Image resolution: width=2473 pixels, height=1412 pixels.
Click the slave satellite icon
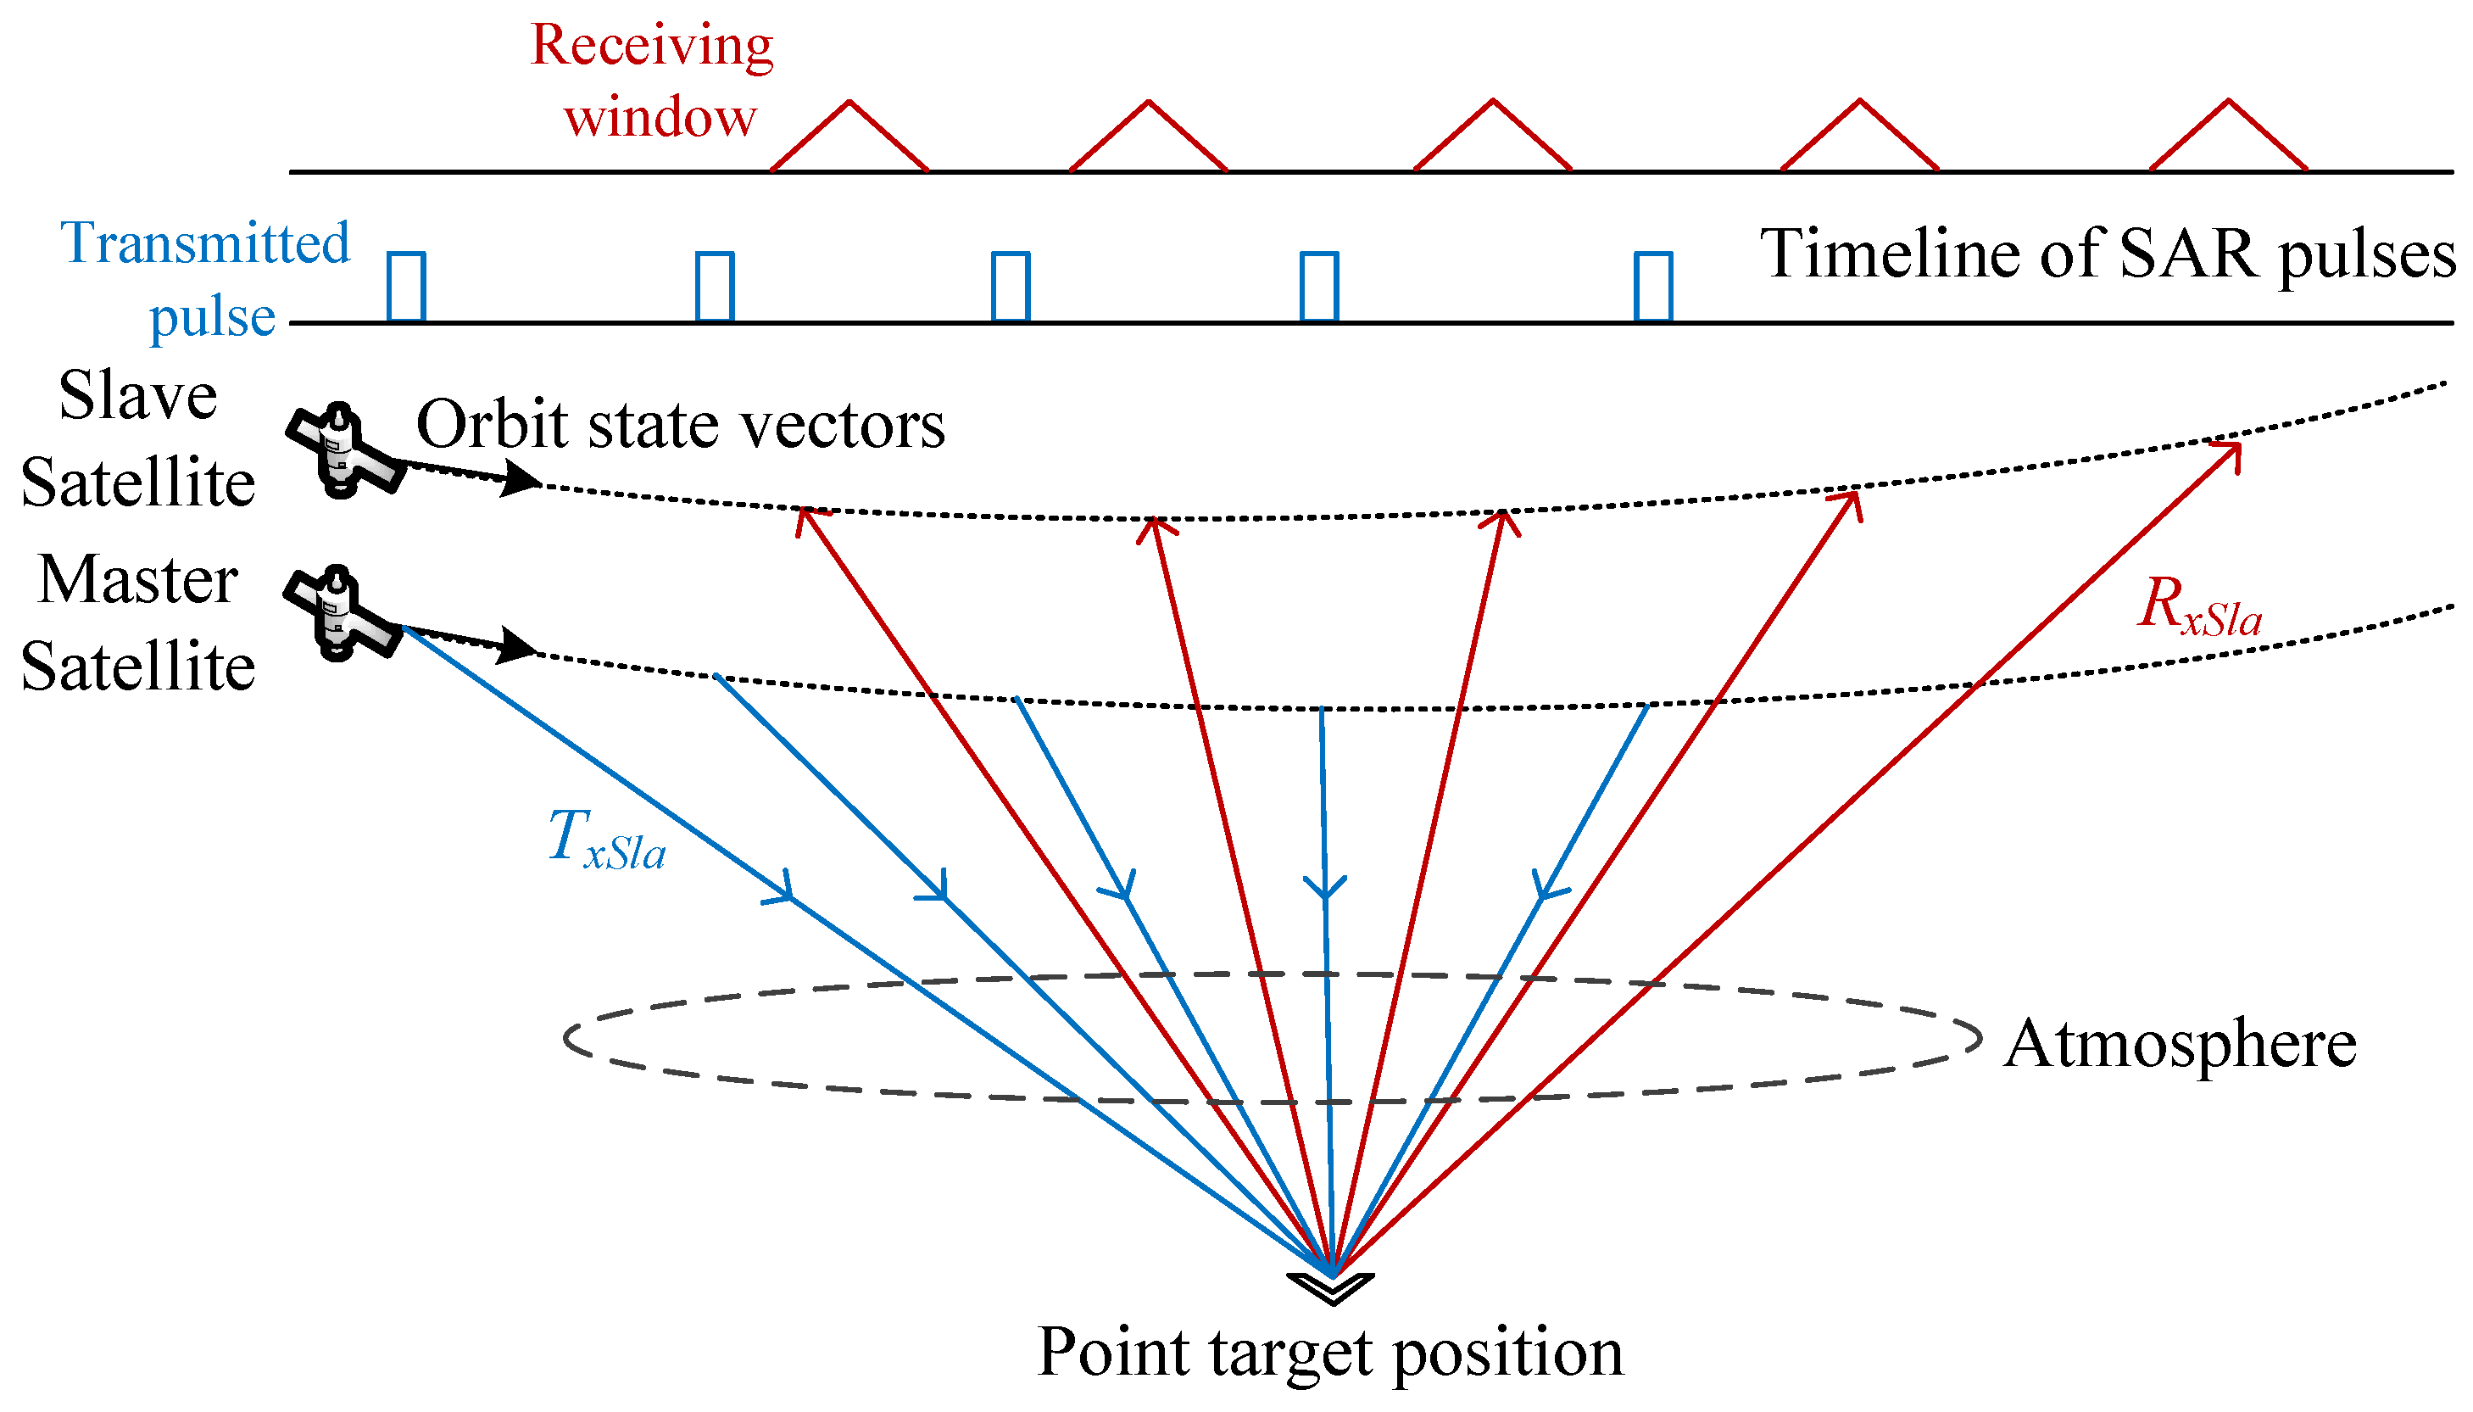[x=342, y=451]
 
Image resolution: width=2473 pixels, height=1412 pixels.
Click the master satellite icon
[x=339, y=614]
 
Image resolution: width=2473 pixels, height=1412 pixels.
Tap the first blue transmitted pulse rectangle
[x=405, y=286]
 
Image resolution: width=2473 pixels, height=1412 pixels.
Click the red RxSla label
[x=2197, y=606]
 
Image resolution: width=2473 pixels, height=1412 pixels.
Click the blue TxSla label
[x=606, y=839]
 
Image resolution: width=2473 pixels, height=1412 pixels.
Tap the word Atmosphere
[x=2180, y=1045]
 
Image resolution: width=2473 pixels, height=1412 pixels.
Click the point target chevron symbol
[x=1330, y=1288]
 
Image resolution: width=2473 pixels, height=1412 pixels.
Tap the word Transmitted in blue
[x=204, y=243]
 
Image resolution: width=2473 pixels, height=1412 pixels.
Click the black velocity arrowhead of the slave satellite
[x=521, y=479]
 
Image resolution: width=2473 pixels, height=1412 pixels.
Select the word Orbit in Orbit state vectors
[x=491, y=425]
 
